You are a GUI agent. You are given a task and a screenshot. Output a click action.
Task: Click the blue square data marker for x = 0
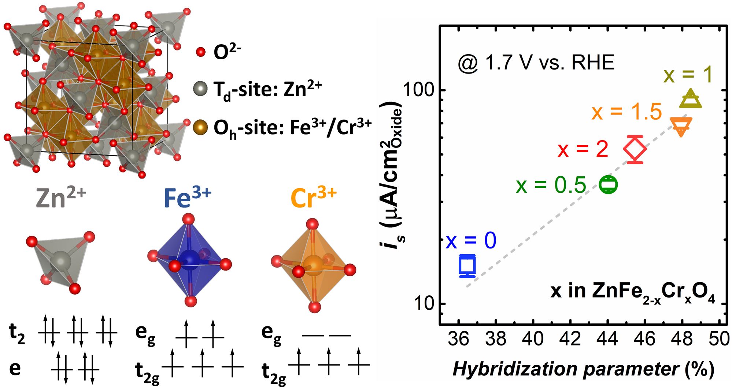coord(467,266)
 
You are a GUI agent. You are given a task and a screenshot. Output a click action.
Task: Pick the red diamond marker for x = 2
coord(635,149)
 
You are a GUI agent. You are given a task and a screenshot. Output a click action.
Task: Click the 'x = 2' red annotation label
coord(583,150)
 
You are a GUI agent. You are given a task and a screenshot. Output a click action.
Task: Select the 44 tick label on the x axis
coord(607,339)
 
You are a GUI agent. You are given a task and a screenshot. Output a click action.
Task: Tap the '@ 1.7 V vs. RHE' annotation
coord(536,63)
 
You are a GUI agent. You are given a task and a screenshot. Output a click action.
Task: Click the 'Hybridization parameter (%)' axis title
coord(583,369)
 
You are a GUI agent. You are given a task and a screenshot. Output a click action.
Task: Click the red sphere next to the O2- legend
coord(200,52)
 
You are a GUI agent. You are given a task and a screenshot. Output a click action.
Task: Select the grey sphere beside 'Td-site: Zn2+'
coord(200,89)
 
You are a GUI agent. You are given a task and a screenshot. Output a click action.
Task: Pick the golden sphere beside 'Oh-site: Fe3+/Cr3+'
coord(200,127)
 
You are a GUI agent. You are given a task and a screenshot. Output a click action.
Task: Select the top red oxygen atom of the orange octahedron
coord(313,224)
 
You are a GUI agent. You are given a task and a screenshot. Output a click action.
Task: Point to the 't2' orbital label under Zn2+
coord(17,334)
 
